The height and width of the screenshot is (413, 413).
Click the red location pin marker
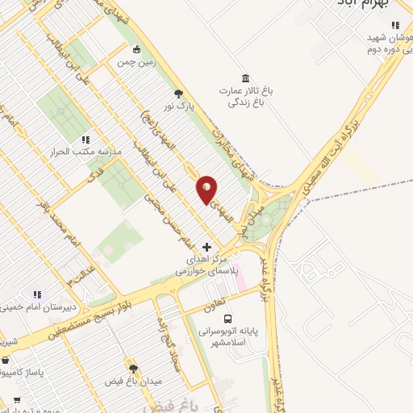point(207,189)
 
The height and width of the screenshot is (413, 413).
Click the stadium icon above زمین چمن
point(136,48)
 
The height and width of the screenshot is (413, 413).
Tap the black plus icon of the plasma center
point(207,247)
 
